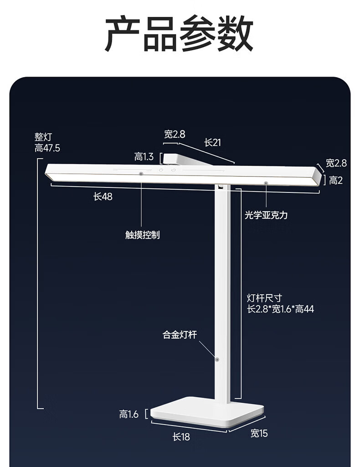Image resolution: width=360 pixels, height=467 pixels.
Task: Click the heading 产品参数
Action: [179, 34]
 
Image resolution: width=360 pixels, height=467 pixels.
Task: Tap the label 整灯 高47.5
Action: [47, 142]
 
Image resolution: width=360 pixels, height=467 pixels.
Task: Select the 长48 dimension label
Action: [103, 197]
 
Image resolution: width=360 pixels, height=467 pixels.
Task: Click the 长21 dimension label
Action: [212, 143]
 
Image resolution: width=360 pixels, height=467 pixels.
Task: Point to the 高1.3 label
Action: [144, 157]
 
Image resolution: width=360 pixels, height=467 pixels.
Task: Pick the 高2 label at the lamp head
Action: [336, 181]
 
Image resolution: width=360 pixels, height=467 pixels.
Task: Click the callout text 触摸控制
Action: [142, 235]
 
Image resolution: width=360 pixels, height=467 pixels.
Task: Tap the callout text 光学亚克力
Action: [266, 215]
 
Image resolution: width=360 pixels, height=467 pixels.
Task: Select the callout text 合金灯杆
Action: [180, 335]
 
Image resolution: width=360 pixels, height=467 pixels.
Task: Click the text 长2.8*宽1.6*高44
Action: [280, 309]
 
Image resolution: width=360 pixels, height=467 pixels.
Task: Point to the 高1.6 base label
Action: [129, 414]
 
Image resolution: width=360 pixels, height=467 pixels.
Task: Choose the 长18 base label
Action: [181, 437]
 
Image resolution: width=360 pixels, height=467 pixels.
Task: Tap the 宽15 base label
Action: [259, 433]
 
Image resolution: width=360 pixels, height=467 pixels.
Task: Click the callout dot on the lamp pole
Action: [217, 359]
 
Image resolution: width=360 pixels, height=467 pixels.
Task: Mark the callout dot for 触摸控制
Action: [141, 174]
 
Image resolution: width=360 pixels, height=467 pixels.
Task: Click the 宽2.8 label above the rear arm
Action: [175, 134]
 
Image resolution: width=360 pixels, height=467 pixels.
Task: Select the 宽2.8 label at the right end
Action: [336, 163]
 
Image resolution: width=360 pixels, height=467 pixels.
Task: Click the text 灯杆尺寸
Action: [264, 298]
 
